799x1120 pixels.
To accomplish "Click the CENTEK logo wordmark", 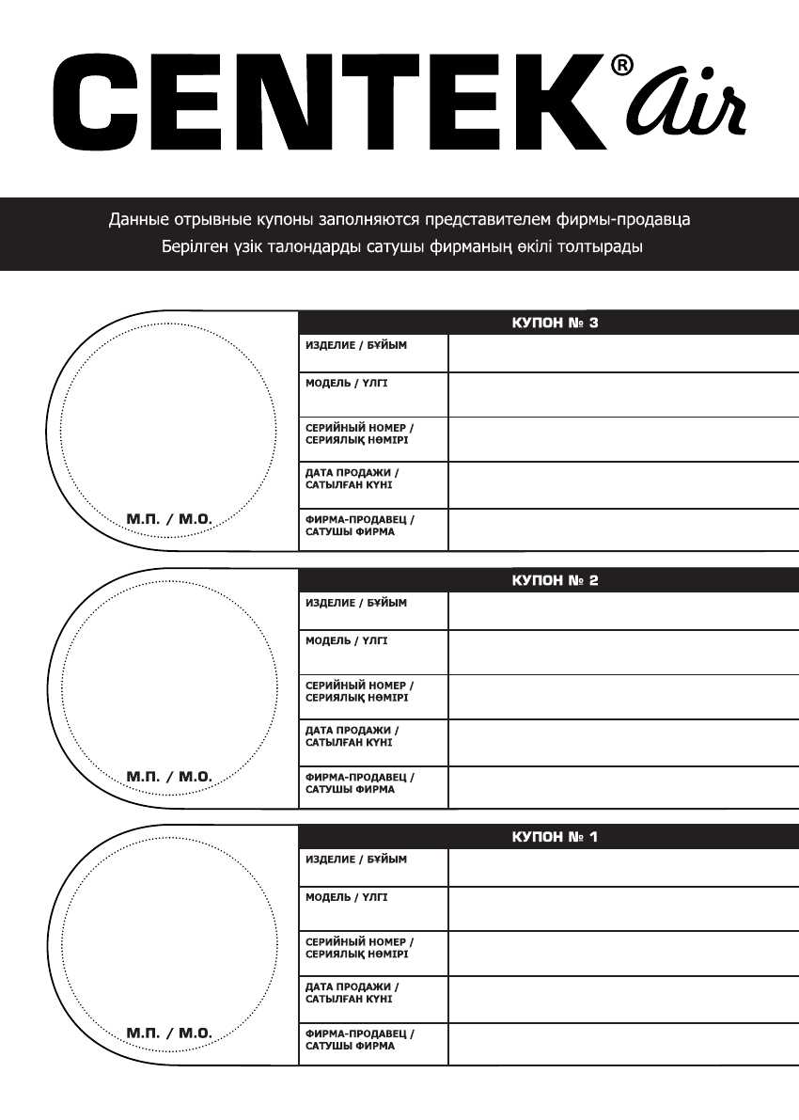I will tap(329, 103).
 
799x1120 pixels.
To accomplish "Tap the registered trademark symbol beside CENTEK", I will tap(622, 66).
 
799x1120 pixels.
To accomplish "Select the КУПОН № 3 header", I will tap(555, 323).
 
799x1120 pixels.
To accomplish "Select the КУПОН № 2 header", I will tap(555, 580).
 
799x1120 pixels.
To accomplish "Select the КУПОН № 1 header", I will tap(555, 836).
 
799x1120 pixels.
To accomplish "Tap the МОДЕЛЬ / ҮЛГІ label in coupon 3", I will tap(346, 384).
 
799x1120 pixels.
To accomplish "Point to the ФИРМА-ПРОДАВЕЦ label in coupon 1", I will tap(359, 1039).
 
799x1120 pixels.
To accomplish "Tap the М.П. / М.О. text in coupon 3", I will tap(169, 518).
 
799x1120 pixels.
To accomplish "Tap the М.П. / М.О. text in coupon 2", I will tap(169, 777).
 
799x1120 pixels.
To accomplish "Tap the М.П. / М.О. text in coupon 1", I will tap(169, 1033).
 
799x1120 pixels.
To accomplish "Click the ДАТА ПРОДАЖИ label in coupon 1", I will tap(352, 993).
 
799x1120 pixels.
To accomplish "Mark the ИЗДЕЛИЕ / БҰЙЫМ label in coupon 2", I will tap(356, 603).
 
